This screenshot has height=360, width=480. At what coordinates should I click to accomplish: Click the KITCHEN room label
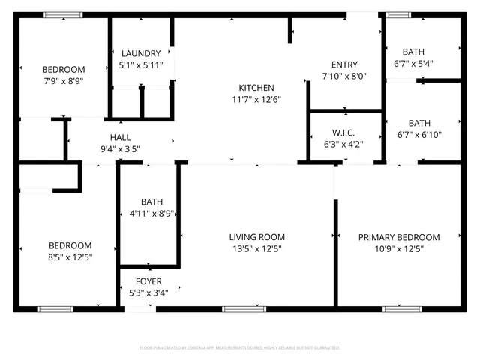point(256,88)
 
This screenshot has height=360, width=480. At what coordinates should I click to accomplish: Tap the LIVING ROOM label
point(256,237)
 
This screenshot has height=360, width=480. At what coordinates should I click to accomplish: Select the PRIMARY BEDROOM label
point(398,237)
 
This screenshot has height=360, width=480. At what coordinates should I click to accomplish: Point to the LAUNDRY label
point(140,53)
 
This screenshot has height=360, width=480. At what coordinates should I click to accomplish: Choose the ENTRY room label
point(344,64)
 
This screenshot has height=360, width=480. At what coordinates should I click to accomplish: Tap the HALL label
point(120,137)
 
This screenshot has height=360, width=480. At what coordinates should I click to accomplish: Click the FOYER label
point(148,281)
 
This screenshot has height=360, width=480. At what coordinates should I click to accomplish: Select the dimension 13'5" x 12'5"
point(256,248)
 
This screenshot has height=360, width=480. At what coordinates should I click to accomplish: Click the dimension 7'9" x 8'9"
point(62,80)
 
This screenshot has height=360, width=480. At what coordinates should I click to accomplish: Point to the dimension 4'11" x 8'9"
point(151,213)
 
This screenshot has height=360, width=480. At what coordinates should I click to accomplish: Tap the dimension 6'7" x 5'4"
point(413,63)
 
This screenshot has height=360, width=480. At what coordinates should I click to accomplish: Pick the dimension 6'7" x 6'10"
point(419,135)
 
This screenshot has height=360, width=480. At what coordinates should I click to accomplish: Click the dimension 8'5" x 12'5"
point(70,257)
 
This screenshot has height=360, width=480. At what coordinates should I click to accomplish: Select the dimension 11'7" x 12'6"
point(256,99)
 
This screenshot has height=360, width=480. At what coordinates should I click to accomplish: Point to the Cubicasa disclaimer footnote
point(240,347)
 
